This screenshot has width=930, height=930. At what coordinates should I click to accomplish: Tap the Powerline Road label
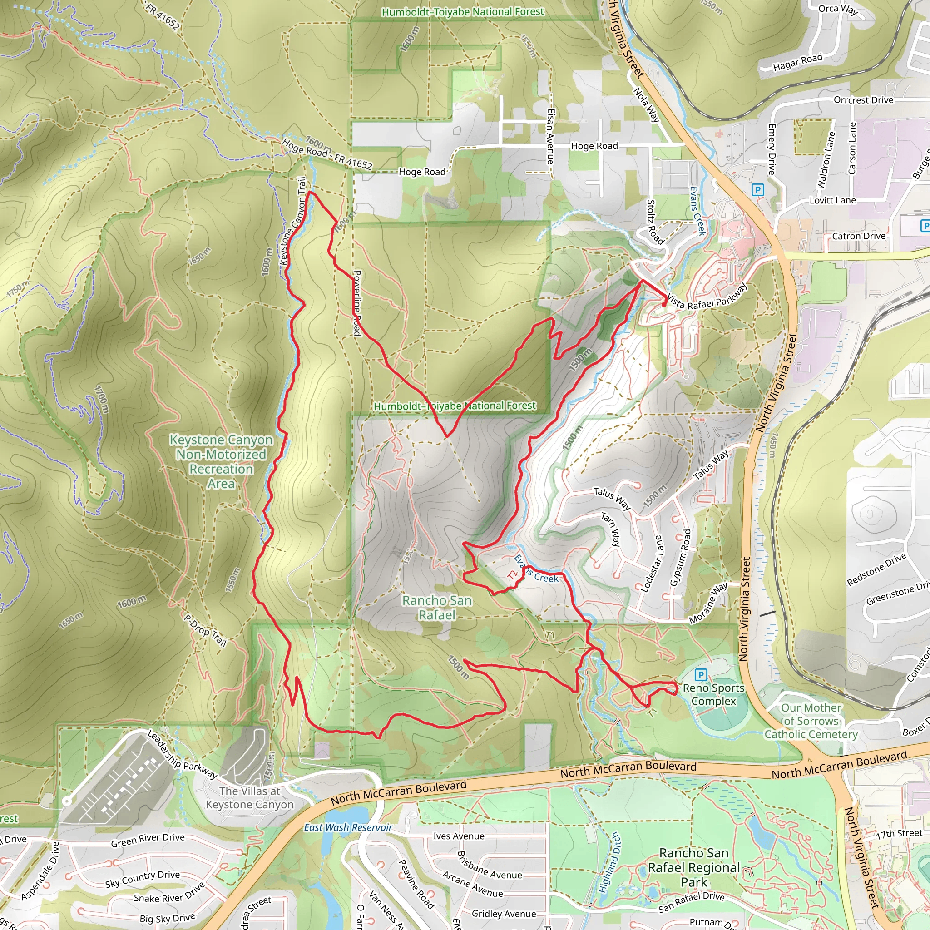(x=357, y=303)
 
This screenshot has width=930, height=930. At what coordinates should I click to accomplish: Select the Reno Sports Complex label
(x=713, y=695)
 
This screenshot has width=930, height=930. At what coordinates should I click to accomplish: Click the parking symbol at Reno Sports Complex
(x=701, y=675)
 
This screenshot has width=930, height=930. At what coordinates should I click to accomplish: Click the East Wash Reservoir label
(x=348, y=827)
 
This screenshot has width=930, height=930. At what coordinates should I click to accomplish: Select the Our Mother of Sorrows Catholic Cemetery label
(x=811, y=721)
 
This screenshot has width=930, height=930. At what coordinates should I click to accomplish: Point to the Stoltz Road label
(x=655, y=222)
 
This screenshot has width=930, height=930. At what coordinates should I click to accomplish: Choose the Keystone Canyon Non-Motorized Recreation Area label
(x=221, y=461)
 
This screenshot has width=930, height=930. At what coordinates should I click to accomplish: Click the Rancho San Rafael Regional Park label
(x=694, y=867)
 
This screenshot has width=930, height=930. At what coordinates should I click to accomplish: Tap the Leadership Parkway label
(x=182, y=755)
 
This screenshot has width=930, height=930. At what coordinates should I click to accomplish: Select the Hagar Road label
(x=797, y=62)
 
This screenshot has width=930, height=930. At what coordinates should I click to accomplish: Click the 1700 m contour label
(x=102, y=399)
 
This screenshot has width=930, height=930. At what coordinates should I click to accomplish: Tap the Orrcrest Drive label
(x=864, y=100)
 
